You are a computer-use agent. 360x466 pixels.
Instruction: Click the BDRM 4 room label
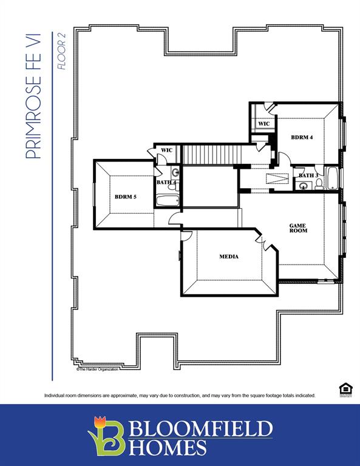[x=302, y=137]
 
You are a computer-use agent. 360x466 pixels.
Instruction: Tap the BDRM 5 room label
[x=125, y=196]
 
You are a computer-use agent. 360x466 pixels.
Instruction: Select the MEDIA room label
[x=229, y=257]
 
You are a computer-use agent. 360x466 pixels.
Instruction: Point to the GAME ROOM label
[x=298, y=228]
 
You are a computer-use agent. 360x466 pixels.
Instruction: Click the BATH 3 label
[x=307, y=176]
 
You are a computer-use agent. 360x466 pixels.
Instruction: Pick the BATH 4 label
[x=166, y=182]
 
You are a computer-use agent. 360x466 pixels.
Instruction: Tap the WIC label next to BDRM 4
[x=263, y=124]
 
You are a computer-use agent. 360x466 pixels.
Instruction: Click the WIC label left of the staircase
[x=167, y=150]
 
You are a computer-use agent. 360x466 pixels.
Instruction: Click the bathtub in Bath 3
[x=333, y=178]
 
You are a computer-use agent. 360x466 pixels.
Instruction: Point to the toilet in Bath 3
[x=318, y=185]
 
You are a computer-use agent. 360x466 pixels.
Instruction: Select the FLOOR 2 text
[x=61, y=52]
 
